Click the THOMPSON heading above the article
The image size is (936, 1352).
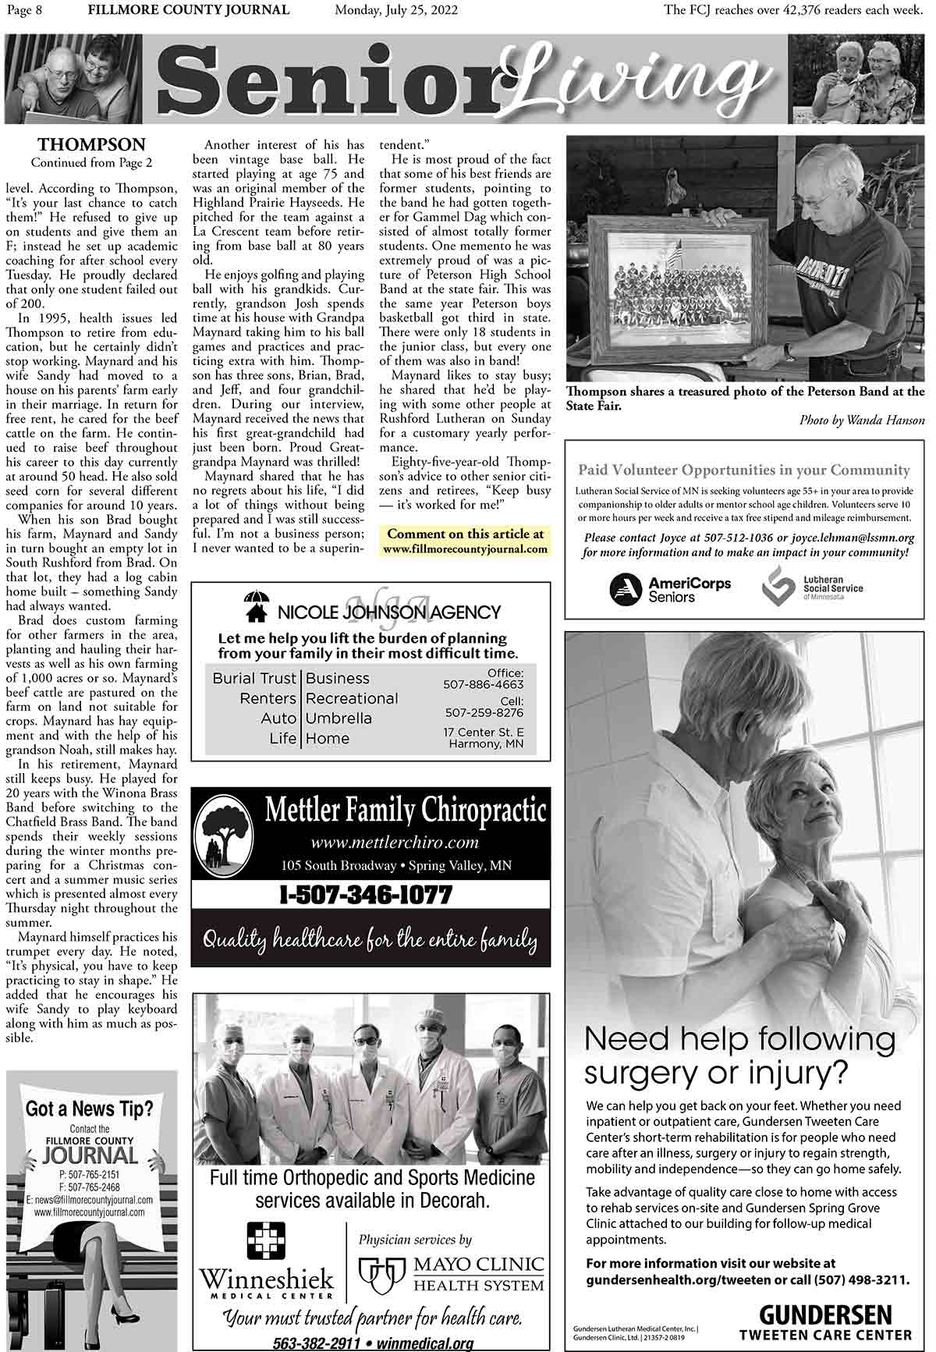pyautogui.click(x=92, y=145)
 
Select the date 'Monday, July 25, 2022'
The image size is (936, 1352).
pyautogui.click(x=396, y=10)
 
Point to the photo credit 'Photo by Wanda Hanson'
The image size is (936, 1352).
pyautogui.click(x=862, y=421)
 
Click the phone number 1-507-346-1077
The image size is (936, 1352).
pyautogui.click(x=366, y=894)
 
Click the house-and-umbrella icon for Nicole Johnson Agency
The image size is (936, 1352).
pyautogui.click(x=256, y=608)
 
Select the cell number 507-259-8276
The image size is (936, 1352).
pyautogui.click(x=484, y=712)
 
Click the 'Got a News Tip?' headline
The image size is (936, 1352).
pyautogui.click(x=90, y=1108)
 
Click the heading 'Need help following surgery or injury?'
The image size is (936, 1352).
pyautogui.click(x=739, y=1056)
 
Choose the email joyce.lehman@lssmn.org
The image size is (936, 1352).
pyautogui.click(x=853, y=538)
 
